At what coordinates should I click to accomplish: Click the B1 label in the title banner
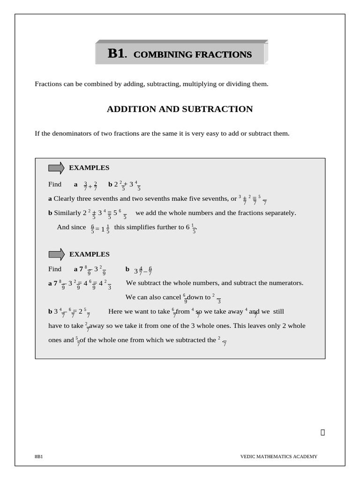tap(116, 53)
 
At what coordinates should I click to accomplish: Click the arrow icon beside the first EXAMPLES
tap(56, 168)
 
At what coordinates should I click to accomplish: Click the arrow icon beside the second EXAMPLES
tap(57, 254)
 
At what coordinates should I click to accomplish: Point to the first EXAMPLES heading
tap(89, 168)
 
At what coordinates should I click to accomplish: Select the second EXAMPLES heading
tap(90, 254)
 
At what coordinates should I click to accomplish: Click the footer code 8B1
tap(38, 456)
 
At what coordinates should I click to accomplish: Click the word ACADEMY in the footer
tap(305, 456)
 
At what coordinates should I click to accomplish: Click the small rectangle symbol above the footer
tap(322, 432)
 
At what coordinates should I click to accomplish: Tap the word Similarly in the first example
tap(67, 213)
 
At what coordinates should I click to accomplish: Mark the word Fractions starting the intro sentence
tap(49, 84)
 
